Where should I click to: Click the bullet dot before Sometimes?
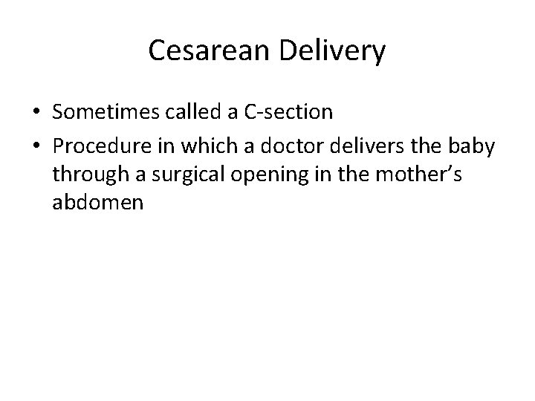pos(36,113)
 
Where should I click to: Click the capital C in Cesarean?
pos(157,51)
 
